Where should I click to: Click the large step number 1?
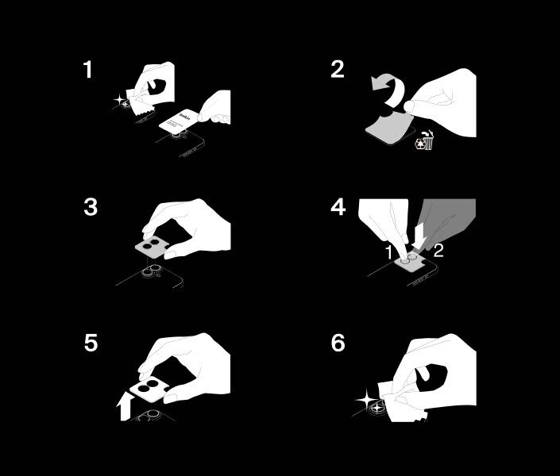tap(87, 70)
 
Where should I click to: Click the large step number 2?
tap(338, 70)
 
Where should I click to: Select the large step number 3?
tap(91, 207)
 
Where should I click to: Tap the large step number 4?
tap(338, 207)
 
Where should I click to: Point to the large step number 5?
tap(91, 344)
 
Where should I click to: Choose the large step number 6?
tap(338, 344)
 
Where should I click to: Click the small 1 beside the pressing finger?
tap(389, 252)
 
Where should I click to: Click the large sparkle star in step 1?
tap(121, 100)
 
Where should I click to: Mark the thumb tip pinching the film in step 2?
tap(411, 103)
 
